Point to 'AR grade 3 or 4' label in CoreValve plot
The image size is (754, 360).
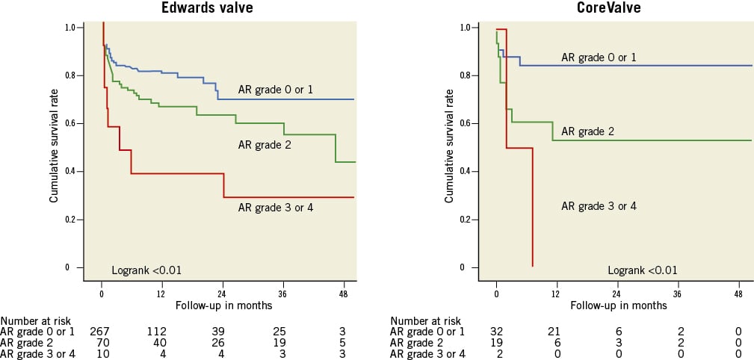click(598, 205)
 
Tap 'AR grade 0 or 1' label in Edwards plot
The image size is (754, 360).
click(275, 90)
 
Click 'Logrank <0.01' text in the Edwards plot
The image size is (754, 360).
click(146, 270)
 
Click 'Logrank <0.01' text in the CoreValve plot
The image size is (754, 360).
click(643, 270)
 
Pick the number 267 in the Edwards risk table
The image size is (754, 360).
click(100, 331)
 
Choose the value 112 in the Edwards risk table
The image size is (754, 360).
click(155, 331)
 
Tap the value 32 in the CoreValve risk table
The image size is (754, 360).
click(496, 331)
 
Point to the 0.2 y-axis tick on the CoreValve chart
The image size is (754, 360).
click(464, 219)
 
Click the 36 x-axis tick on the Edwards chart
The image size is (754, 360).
click(283, 295)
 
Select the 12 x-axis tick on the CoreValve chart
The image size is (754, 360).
click(556, 295)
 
